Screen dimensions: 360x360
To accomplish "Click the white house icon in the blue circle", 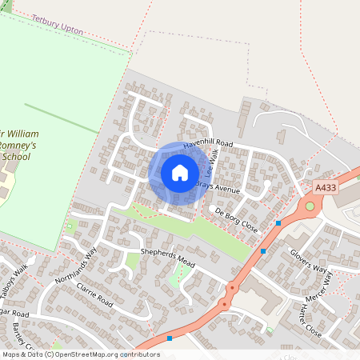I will pyautogui.click(x=179, y=173).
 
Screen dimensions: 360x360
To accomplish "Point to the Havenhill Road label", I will pyautogui.click(x=208, y=144).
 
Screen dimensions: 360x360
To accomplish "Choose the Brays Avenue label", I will pyautogui.click(x=217, y=188).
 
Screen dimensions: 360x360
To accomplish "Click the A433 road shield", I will pyautogui.click(x=326, y=187).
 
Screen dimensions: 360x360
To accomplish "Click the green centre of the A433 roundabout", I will pyautogui.click(x=309, y=206).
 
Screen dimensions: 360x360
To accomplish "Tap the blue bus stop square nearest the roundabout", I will pyautogui.click(x=278, y=222).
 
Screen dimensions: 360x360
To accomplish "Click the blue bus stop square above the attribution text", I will pyautogui.click(x=170, y=338).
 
